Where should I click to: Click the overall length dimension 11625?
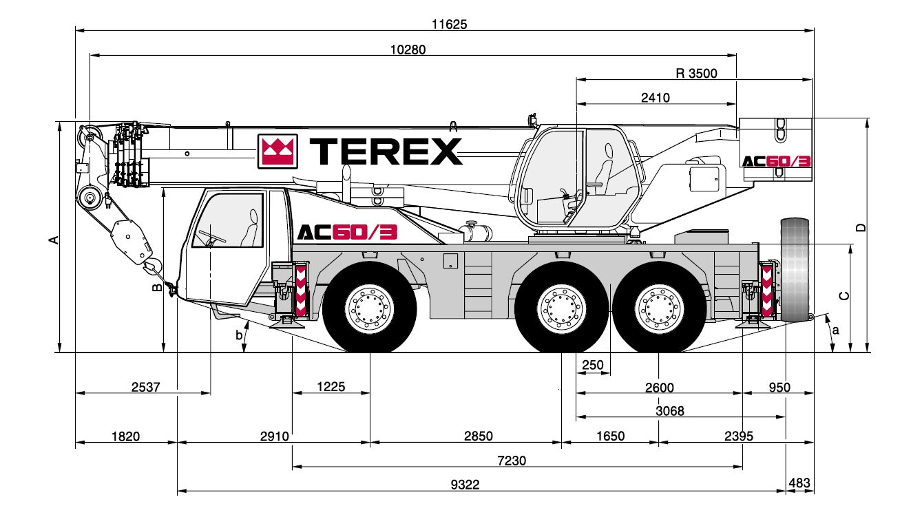(x=449, y=24)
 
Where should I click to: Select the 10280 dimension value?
(x=408, y=50)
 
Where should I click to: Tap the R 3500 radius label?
(x=696, y=74)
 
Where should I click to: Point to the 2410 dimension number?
(x=655, y=98)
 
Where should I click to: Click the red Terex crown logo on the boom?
(x=278, y=151)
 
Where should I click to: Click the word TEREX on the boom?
(x=386, y=151)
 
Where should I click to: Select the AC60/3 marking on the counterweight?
(x=777, y=161)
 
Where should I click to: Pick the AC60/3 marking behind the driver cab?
(x=347, y=232)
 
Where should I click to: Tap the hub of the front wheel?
(x=369, y=309)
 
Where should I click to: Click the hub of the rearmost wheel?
(x=659, y=309)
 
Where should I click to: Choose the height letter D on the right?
(x=861, y=228)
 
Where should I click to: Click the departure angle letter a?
(x=836, y=330)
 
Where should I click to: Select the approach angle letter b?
(x=239, y=335)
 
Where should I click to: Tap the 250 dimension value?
(x=593, y=365)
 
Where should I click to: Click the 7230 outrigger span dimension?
(x=512, y=461)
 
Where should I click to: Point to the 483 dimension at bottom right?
(x=799, y=483)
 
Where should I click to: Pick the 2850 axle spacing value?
(x=479, y=436)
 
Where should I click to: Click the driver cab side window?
(x=228, y=220)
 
